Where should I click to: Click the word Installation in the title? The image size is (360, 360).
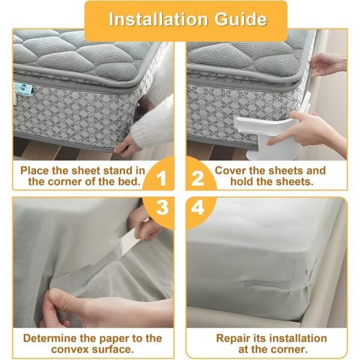coord(154,19)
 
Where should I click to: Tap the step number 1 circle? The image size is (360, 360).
coord(161,178)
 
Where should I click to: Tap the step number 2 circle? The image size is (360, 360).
coord(199,178)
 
